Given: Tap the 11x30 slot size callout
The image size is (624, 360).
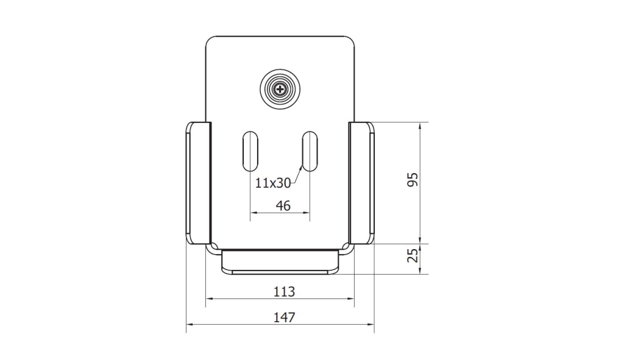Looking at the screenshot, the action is [273, 183].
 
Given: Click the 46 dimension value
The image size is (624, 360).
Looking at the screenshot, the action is [283, 206].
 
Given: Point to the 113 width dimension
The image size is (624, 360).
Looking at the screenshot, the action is [284, 292].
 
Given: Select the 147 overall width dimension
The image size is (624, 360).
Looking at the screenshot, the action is [284, 317].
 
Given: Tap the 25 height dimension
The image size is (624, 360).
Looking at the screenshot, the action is [414, 255].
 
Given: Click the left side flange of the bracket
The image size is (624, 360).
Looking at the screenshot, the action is [198, 183].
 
